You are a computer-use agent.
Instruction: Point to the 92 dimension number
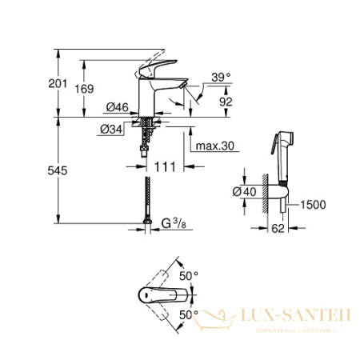[225, 102]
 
